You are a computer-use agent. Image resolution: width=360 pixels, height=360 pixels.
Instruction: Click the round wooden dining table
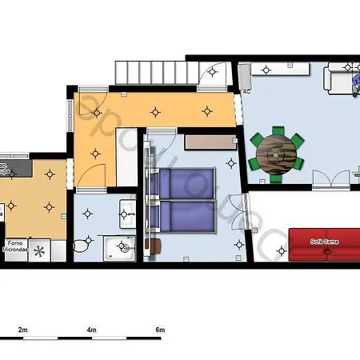(x=276, y=150)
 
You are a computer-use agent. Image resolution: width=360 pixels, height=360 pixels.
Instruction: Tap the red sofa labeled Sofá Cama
(x=325, y=245)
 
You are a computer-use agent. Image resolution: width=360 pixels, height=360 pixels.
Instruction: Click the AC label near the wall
(x=246, y=91)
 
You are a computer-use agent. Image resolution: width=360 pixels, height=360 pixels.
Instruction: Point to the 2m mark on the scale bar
(x=23, y=330)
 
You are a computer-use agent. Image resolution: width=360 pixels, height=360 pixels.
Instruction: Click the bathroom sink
(x=126, y=214)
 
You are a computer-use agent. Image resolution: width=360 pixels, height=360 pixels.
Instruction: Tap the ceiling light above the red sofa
(x=326, y=253)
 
